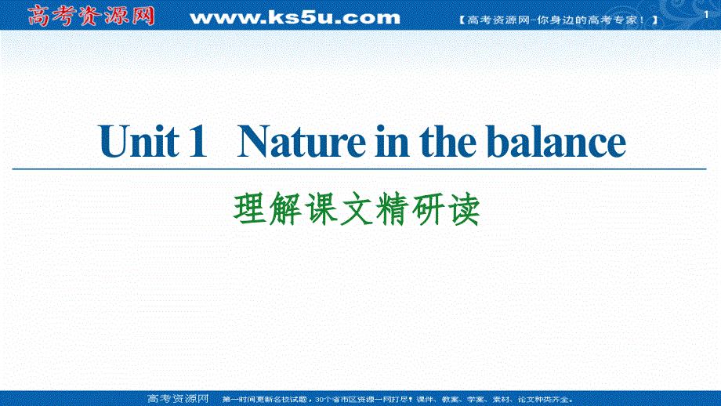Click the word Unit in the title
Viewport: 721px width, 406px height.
131,143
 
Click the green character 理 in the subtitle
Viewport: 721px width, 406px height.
249,209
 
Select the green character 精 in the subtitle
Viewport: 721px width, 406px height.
391,209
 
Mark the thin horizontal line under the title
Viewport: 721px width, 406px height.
360,169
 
